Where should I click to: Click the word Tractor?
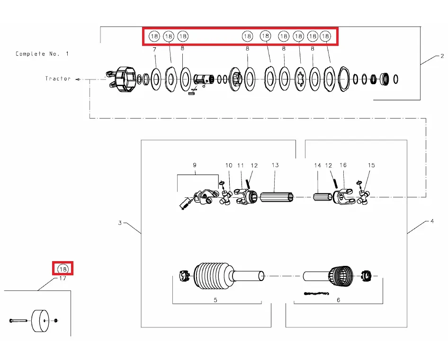(x=58, y=79)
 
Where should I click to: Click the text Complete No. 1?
(x=42, y=54)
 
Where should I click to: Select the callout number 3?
(x=120, y=222)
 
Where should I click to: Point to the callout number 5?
(x=215, y=300)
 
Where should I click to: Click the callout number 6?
(x=338, y=300)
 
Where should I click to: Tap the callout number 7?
(x=154, y=49)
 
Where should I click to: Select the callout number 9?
(x=194, y=166)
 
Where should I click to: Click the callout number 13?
(x=275, y=166)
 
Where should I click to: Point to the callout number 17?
(x=63, y=279)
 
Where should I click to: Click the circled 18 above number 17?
(x=63, y=269)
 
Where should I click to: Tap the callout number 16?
(x=343, y=166)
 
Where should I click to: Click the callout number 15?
(x=371, y=166)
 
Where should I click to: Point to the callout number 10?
(x=229, y=166)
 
